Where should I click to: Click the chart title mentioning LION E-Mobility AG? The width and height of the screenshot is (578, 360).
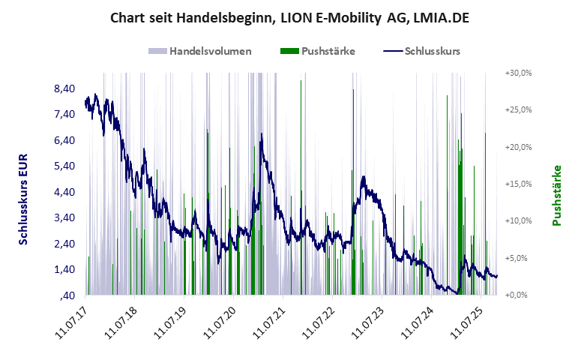(289, 16)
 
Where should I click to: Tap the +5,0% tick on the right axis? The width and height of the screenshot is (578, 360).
(520, 258)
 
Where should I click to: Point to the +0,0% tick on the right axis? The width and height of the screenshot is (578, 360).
(520, 295)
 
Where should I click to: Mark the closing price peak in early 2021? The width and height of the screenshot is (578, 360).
(262, 134)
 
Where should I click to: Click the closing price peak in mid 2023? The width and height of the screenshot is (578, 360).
(364, 178)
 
